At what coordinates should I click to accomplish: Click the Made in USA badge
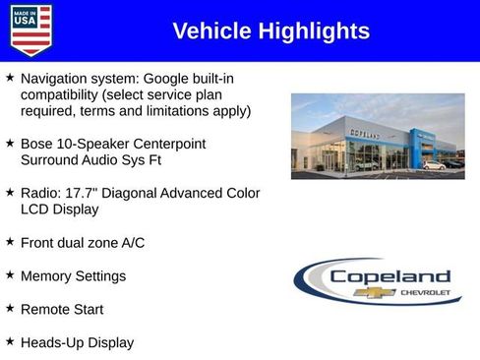click(x=30, y=30)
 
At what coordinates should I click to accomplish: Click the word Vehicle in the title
click(x=212, y=31)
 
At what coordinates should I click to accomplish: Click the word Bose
click(x=37, y=144)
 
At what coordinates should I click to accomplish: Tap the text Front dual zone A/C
click(x=82, y=242)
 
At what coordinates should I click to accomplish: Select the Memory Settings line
click(x=73, y=276)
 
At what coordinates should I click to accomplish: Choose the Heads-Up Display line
click(x=77, y=342)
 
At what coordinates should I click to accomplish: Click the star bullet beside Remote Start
click(x=10, y=308)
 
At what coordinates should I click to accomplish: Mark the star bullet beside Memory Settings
click(x=10, y=274)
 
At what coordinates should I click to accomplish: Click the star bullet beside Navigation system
click(x=10, y=77)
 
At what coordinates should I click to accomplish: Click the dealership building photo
click(x=378, y=136)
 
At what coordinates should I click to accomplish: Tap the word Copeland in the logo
click(x=390, y=276)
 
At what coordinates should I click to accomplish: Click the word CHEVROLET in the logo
click(x=425, y=292)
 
